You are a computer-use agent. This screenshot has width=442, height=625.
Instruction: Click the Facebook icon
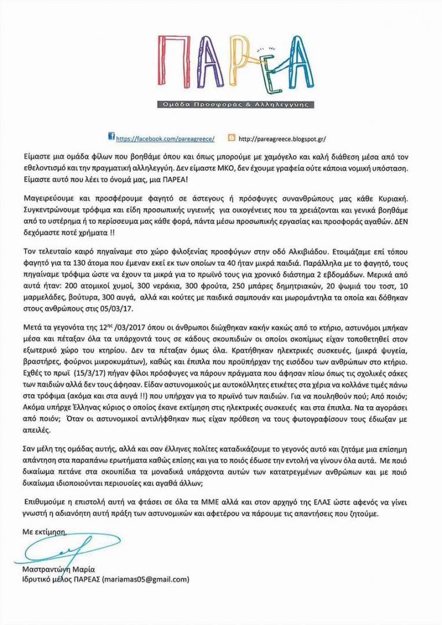click(112, 137)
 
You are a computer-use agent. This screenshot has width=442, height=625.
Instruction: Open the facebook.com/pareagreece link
click(165, 139)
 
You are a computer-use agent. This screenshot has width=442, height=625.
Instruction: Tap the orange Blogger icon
click(232, 138)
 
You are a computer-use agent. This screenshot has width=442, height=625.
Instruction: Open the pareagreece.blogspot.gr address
click(282, 139)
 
